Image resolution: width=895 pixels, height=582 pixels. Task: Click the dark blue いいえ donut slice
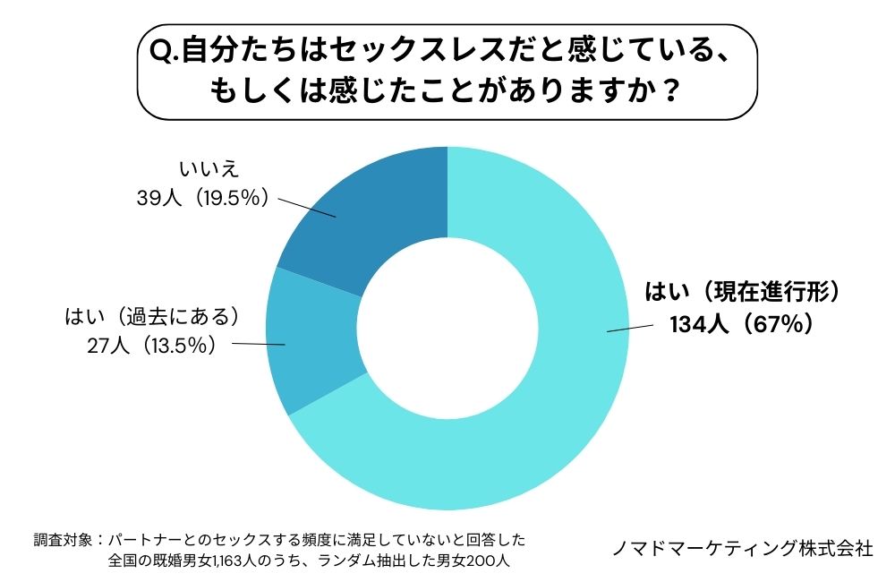(376, 219)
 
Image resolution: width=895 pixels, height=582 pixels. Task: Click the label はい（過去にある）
(154, 316)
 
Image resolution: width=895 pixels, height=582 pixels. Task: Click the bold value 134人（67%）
(742, 324)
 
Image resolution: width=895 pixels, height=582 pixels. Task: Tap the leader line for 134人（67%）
(631, 327)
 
